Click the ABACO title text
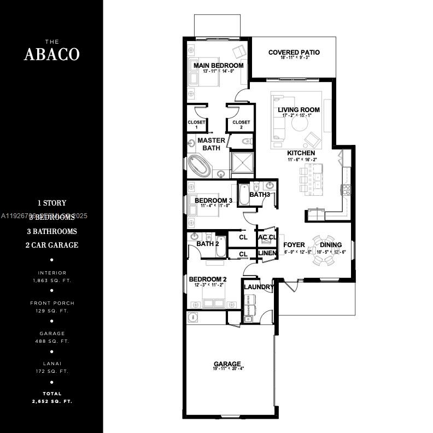click(x=52, y=54)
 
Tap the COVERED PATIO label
click(x=294, y=52)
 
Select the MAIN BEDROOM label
click(x=218, y=66)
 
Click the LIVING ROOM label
click(x=299, y=110)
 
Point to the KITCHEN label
click(x=301, y=153)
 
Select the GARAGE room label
click(x=227, y=364)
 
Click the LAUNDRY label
click(x=259, y=287)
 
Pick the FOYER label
click(x=294, y=245)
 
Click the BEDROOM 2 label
click(x=207, y=279)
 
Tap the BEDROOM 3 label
click(x=213, y=201)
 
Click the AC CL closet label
click(x=267, y=238)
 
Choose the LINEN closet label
click(x=267, y=254)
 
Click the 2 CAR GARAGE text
click(x=52, y=245)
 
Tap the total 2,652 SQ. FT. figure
click(x=52, y=401)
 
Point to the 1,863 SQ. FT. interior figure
click(x=52, y=280)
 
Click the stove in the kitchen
click(x=346, y=190)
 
